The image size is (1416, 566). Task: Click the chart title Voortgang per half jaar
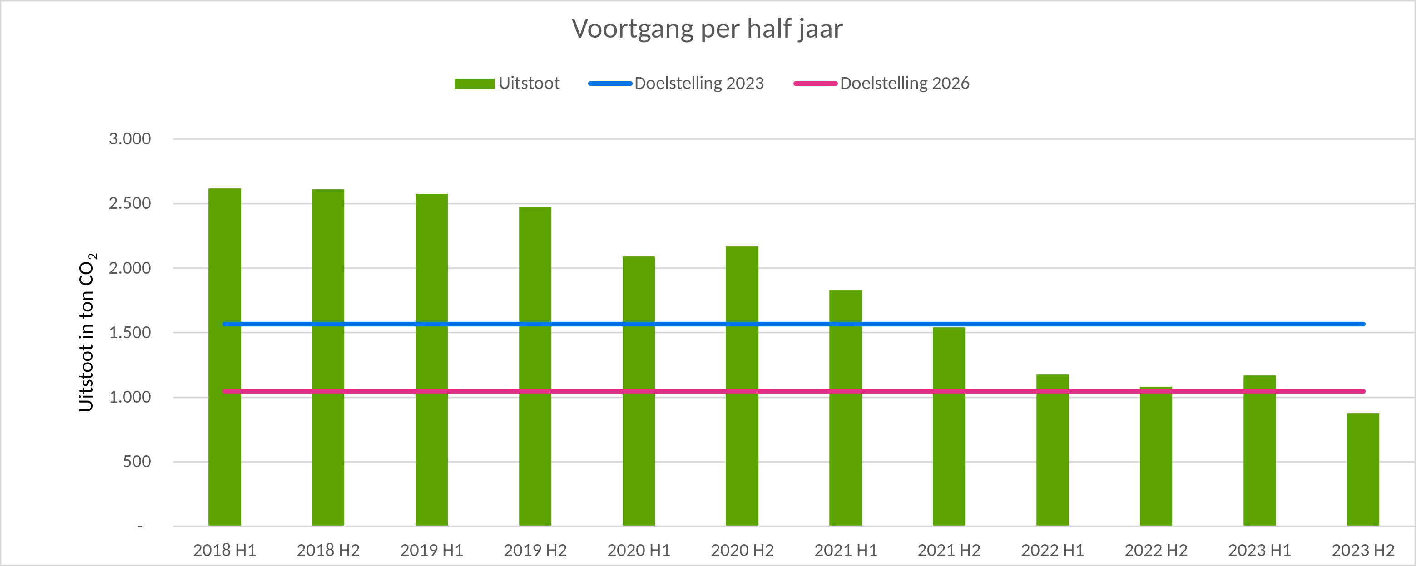point(707,29)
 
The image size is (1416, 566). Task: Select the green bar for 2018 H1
point(225,357)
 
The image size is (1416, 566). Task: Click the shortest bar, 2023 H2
point(1363,470)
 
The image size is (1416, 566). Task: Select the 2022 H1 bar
point(1053,450)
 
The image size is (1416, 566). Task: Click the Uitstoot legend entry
point(529,84)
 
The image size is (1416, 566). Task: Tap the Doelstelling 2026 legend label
point(904,84)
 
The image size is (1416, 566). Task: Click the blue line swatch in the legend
point(610,84)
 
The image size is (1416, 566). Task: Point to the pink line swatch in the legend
point(815,84)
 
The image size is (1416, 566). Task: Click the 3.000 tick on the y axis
point(130,139)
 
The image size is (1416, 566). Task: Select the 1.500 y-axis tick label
point(130,332)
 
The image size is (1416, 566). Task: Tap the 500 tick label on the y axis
point(137,462)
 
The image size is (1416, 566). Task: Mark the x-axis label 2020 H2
point(742,550)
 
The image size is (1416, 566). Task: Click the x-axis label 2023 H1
point(1259,550)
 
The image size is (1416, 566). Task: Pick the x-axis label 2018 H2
point(328,550)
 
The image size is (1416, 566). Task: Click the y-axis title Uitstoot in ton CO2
point(87,332)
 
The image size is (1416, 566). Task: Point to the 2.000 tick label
point(130,268)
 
